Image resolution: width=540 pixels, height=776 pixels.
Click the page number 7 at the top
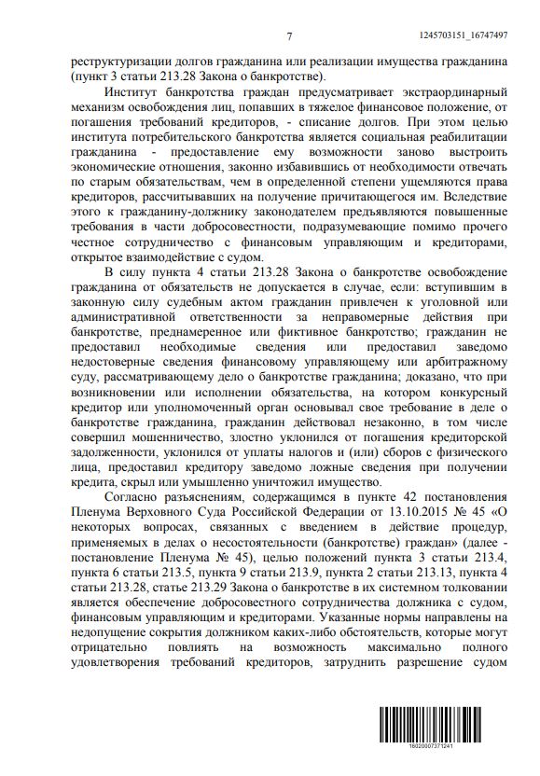[x=290, y=36]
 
